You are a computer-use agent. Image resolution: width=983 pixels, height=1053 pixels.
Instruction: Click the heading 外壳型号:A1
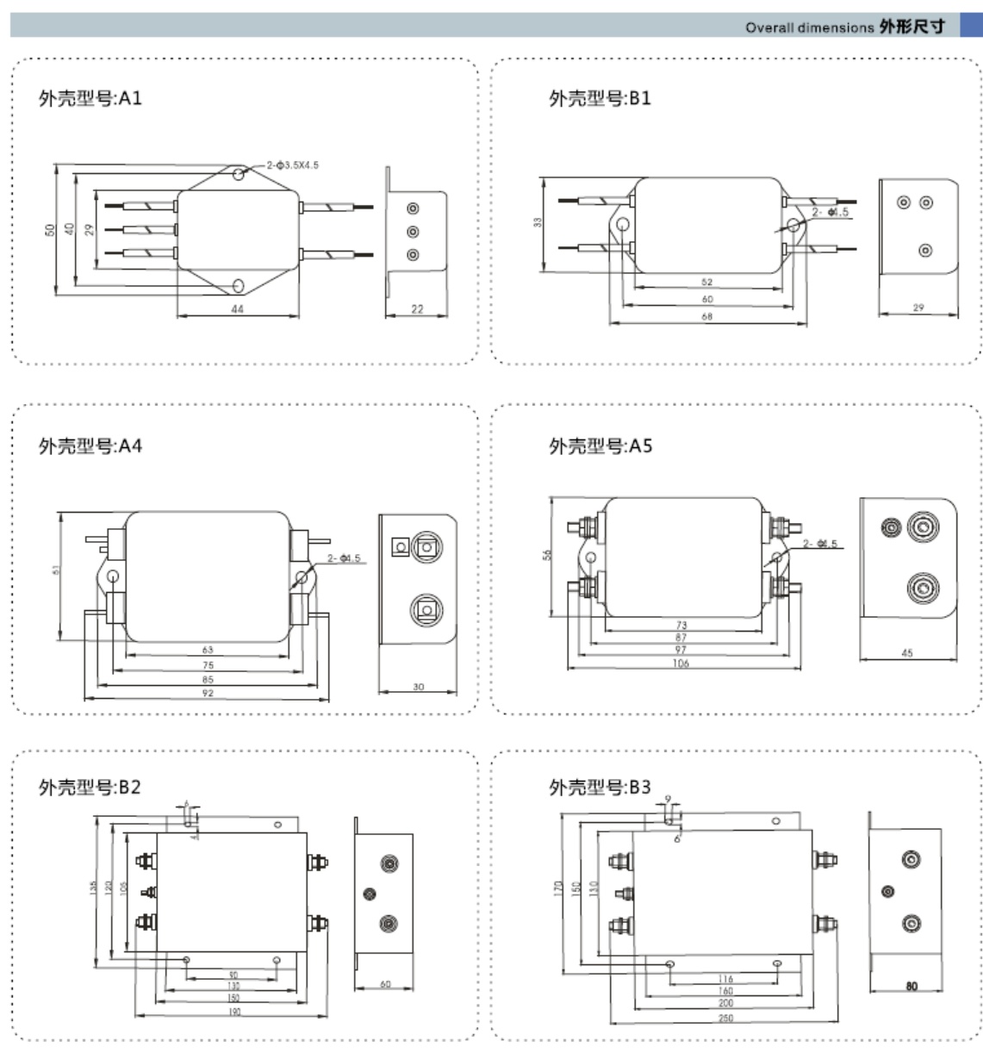(90, 98)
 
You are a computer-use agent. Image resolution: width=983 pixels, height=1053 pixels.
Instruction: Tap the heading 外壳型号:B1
(600, 98)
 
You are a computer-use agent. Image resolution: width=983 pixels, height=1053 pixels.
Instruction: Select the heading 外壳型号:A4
(90, 446)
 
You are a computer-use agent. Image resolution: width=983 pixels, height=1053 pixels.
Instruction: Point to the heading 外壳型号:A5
(600, 446)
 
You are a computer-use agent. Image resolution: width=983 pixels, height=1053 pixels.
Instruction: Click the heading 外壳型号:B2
(90, 787)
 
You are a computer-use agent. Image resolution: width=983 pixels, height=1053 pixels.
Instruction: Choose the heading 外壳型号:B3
(600, 787)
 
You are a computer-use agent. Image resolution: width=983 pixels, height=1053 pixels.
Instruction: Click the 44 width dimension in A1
(238, 309)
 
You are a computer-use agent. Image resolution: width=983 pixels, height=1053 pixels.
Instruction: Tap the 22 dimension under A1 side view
(417, 309)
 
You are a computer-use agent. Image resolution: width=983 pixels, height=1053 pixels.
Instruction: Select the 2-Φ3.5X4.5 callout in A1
(293, 165)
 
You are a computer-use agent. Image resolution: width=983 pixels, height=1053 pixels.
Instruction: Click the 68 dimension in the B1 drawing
(707, 317)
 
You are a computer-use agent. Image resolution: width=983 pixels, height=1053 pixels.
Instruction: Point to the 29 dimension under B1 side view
(918, 308)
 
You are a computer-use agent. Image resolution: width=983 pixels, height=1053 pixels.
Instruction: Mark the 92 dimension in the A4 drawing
(208, 693)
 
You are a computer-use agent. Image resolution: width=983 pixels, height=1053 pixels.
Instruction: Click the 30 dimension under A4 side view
(418, 687)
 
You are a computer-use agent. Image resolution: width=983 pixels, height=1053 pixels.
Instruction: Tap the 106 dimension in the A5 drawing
(681, 664)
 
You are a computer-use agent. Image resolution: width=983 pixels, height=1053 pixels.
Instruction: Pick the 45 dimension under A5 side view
(906, 653)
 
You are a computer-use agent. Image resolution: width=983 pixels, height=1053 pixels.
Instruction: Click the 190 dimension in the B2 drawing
(233, 1012)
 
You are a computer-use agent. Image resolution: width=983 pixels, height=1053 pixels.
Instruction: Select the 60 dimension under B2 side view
(385, 984)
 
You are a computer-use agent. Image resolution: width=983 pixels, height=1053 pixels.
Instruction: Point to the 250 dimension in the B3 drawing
(725, 1018)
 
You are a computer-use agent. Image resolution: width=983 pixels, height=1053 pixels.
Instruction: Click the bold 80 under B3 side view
(911, 987)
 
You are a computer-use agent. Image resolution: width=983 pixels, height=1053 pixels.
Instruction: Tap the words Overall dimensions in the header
(809, 28)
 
